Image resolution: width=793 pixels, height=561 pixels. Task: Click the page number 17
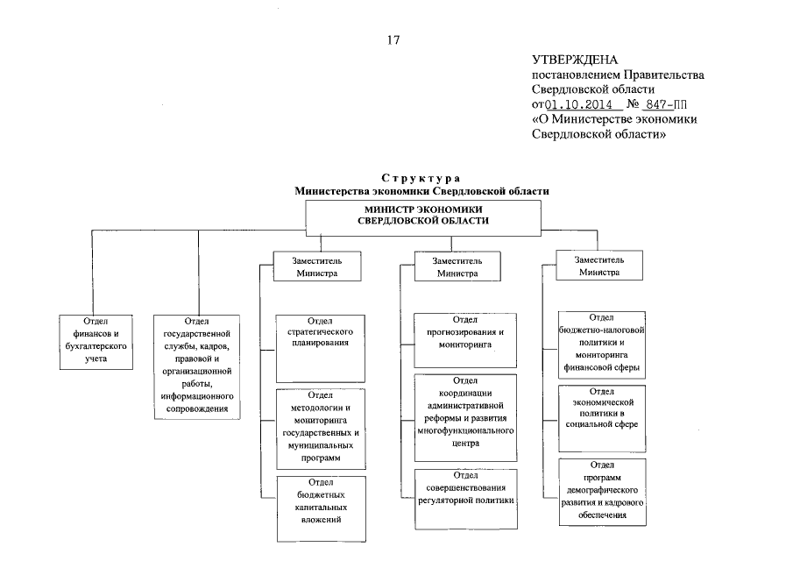393,39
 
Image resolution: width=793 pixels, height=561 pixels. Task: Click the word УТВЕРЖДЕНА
575,60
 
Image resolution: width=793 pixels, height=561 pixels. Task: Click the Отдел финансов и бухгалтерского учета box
96,340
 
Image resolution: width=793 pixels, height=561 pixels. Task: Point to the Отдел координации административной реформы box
464,417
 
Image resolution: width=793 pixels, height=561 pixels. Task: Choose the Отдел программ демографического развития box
602,491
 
